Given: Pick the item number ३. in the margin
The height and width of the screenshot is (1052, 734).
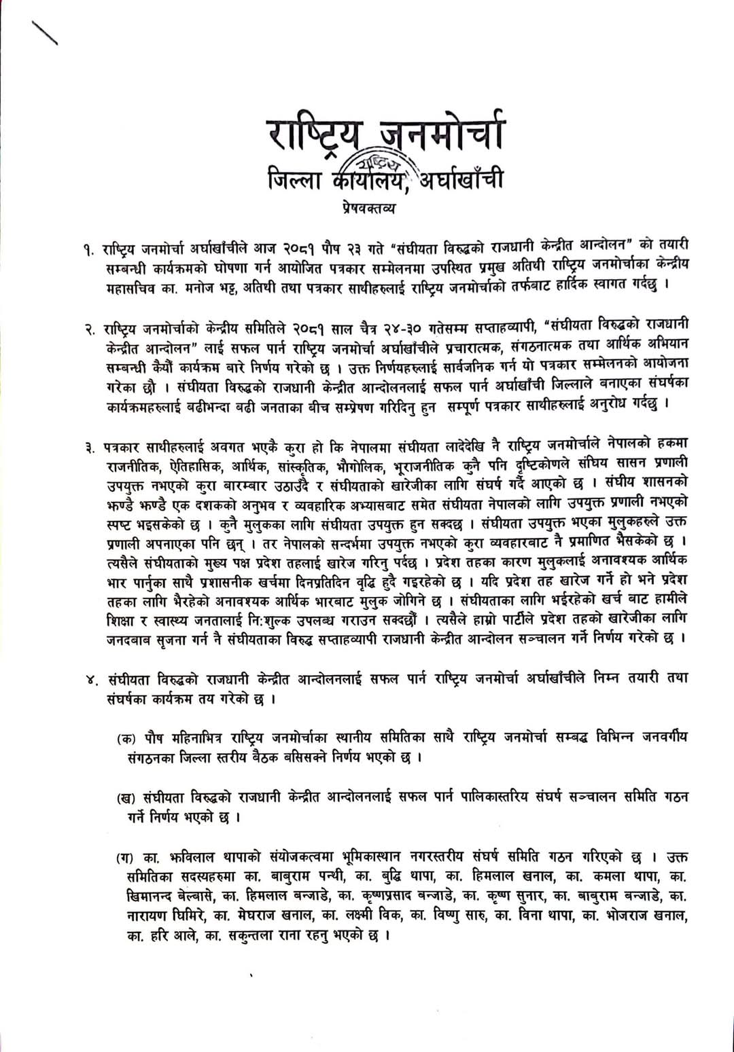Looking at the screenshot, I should click(89, 449).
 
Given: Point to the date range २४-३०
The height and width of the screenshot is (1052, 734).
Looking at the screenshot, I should click(398, 329).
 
